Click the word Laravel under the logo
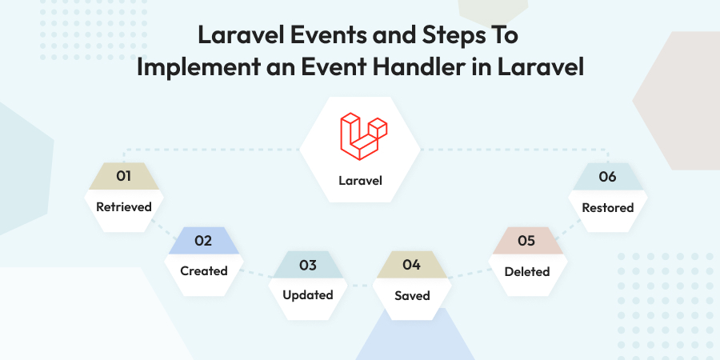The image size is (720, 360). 359,180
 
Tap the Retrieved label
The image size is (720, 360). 124,206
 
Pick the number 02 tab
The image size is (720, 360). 203,240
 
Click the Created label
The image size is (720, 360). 203,270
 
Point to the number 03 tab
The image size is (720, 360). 308,265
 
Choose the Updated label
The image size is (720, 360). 308,294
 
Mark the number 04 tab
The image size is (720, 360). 411,265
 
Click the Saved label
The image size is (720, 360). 412,295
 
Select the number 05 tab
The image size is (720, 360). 526,240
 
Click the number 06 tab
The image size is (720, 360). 608,177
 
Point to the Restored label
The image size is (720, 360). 608,207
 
